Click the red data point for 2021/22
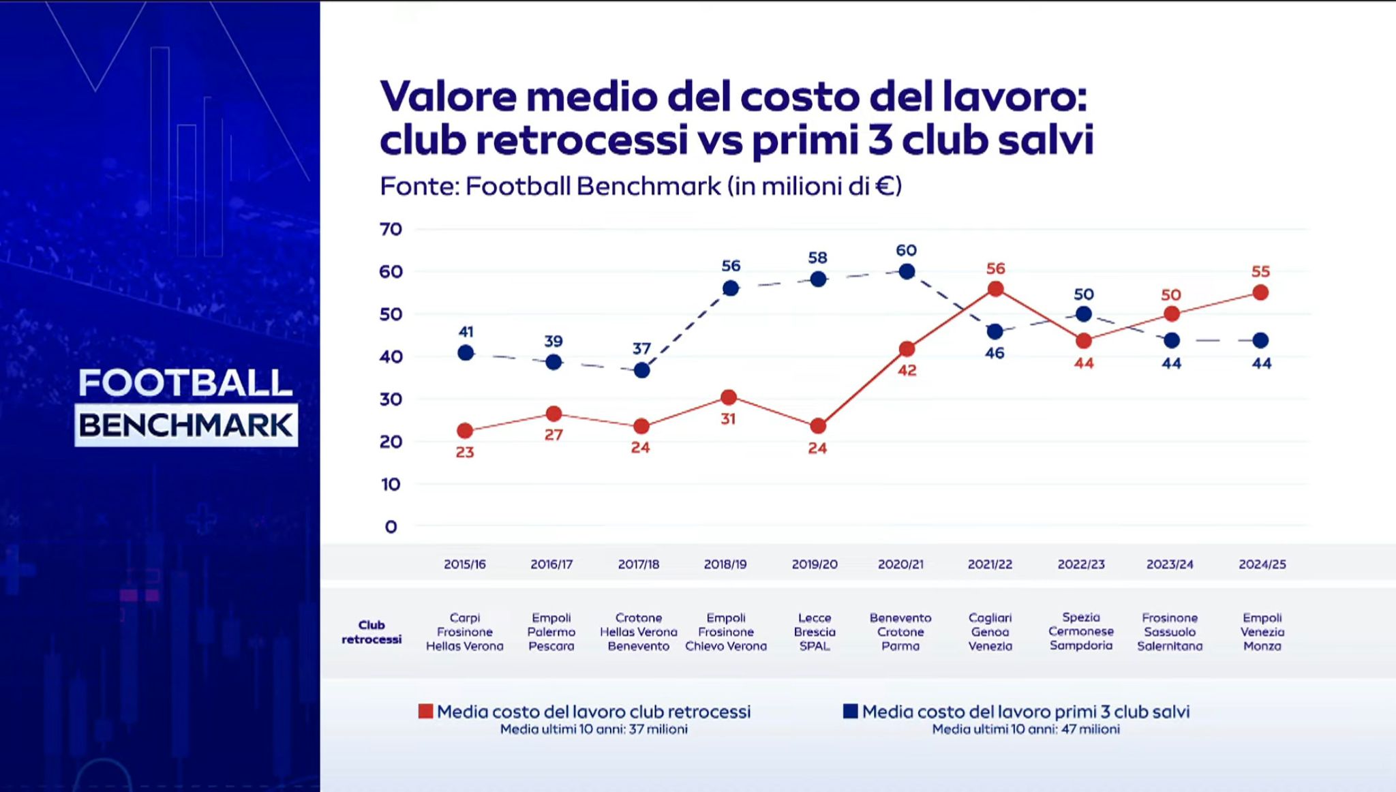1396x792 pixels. (x=995, y=289)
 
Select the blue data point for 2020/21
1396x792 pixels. (x=907, y=272)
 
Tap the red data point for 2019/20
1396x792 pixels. (x=818, y=427)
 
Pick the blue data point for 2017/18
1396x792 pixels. (x=641, y=371)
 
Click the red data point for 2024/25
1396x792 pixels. (x=1260, y=293)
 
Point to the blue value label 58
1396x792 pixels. (x=817, y=258)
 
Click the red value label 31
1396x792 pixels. (x=728, y=419)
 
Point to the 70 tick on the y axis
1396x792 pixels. (x=391, y=229)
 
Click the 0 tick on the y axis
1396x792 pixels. (x=391, y=527)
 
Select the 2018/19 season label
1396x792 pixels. (x=725, y=564)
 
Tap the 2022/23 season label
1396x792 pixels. (x=1081, y=564)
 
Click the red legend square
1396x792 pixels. (x=426, y=712)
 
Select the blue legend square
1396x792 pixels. (x=850, y=712)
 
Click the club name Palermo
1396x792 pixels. (x=551, y=632)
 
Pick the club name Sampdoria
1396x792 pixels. (x=1081, y=645)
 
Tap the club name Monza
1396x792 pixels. (x=1262, y=646)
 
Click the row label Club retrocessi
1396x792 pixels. (x=371, y=632)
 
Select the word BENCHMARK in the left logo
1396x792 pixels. (x=185, y=426)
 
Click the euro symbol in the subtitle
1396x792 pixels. (x=884, y=186)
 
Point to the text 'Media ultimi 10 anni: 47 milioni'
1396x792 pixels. (x=1026, y=729)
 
